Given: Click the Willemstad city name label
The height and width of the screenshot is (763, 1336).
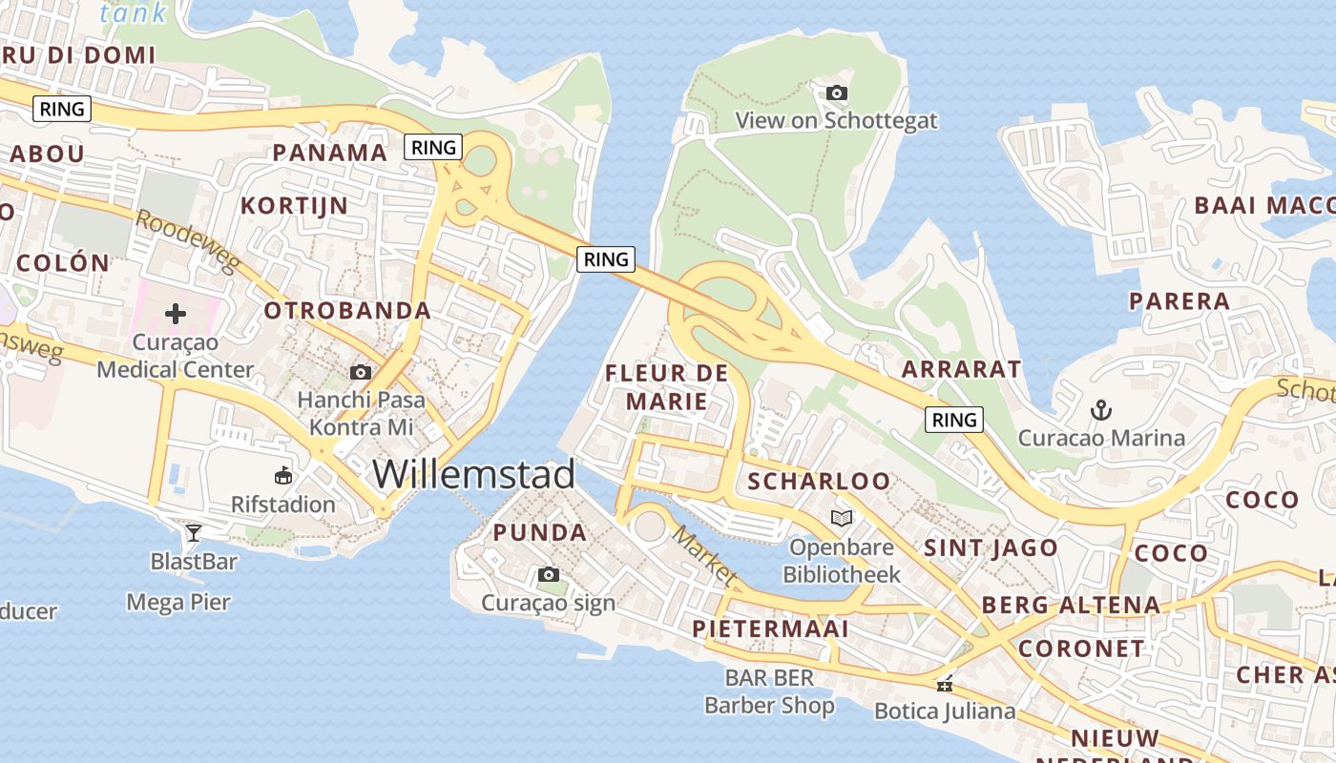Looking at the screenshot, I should (x=473, y=474).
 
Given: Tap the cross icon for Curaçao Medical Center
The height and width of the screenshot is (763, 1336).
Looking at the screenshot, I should (x=176, y=313).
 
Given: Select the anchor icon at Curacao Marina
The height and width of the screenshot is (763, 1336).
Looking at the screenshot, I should (x=1101, y=410).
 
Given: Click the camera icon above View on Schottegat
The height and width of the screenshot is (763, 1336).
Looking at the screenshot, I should (x=837, y=93).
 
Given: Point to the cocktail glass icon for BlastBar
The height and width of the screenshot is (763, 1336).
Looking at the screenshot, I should (x=194, y=532).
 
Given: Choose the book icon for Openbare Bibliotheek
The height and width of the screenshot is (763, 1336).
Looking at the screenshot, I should (x=841, y=518).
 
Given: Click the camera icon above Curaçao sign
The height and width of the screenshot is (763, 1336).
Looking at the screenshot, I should (x=549, y=574).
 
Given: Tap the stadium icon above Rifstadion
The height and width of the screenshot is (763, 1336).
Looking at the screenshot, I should (x=283, y=475).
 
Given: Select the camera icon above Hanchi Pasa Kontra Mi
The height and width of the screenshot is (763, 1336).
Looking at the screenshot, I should (x=361, y=372).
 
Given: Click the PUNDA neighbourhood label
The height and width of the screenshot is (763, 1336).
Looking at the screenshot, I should (x=540, y=533).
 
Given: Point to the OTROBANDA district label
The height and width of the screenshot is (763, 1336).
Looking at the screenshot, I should (x=347, y=311).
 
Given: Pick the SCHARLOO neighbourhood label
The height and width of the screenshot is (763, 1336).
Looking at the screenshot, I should (x=819, y=482).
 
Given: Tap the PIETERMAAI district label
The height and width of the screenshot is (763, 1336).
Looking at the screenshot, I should (x=770, y=629).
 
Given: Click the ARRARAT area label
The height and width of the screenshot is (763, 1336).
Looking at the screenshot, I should (x=961, y=369).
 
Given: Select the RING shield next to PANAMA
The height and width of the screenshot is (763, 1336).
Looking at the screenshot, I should (x=433, y=147).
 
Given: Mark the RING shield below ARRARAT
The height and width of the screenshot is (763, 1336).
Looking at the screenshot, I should (x=954, y=420).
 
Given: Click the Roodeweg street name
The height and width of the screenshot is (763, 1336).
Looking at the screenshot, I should (x=185, y=239).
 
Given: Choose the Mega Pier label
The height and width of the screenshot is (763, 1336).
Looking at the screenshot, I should (x=178, y=602).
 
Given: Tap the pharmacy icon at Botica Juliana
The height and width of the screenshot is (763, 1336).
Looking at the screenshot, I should (x=945, y=684).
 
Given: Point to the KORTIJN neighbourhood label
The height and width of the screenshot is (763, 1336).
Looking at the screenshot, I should (x=294, y=206).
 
